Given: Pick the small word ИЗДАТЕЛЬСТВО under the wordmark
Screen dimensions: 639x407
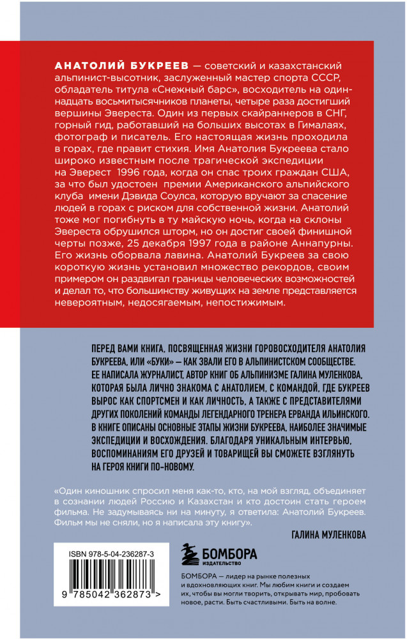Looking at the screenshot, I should coord(220,563).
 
